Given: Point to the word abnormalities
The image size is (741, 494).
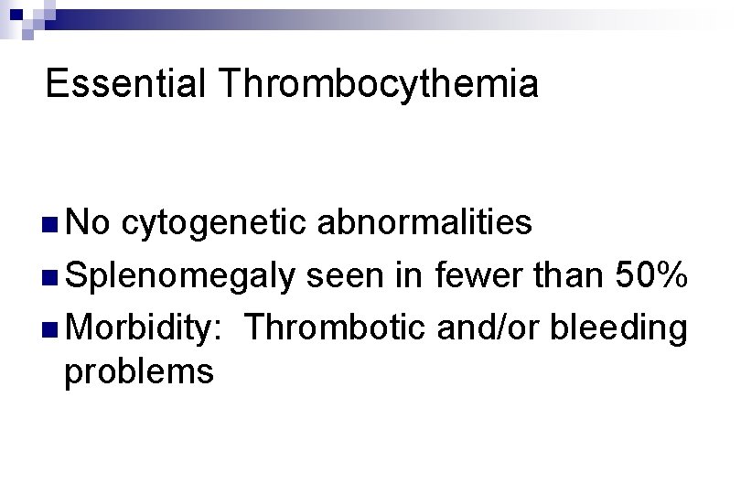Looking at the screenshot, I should click(422, 221).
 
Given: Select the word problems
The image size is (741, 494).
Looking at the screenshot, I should click(139, 371).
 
